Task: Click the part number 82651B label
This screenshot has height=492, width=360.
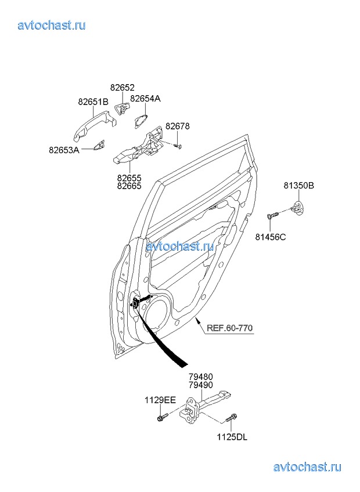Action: coord(93,102)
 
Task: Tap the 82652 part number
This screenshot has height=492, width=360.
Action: coord(122,88)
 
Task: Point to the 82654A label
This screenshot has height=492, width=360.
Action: coord(145,99)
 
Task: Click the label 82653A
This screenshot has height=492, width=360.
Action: coord(64,150)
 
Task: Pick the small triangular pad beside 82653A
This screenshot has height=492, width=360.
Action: coord(99,145)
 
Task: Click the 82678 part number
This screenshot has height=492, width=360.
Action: coord(178,126)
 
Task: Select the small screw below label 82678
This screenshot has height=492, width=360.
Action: coord(179,146)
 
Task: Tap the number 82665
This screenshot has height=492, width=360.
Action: coord(129,186)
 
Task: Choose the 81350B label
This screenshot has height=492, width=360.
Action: coord(299,186)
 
